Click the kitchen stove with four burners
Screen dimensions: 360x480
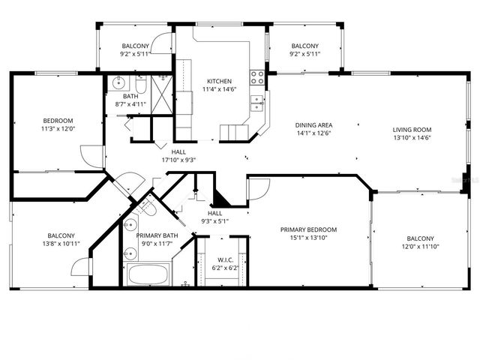click(x=257, y=76)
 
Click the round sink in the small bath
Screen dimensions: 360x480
click(x=118, y=82)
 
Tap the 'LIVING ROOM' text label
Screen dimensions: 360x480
click(x=412, y=129)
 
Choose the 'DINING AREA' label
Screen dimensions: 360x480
click(x=313, y=125)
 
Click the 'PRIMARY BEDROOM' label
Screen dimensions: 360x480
click(x=308, y=229)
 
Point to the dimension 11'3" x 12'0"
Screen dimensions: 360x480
click(x=58, y=128)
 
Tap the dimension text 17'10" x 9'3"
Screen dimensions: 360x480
click(x=178, y=159)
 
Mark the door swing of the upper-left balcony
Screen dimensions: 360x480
click(x=162, y=43)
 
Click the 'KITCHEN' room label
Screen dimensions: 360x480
click(x=219, y=81)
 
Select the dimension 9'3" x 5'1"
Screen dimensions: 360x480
click(x=215, y=221)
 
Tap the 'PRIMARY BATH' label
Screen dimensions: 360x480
click(x=157, y=235)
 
